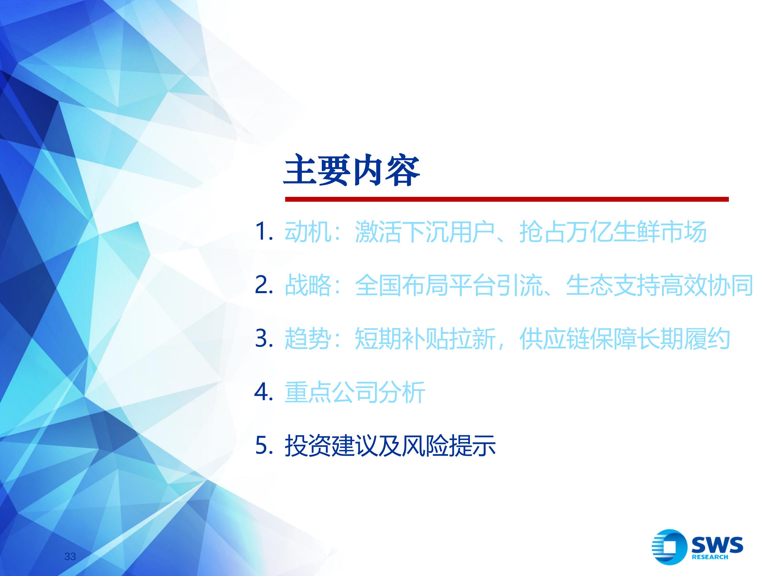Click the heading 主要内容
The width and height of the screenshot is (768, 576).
(x=352, y=171)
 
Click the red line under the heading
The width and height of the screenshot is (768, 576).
(x=507, y=199)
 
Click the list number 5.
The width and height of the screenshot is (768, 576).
(x=264, y=445)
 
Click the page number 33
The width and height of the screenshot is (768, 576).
(x=70, y=557)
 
